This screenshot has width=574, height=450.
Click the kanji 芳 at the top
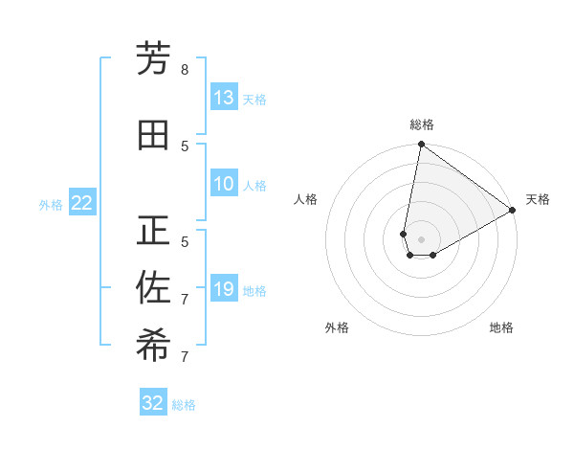153,59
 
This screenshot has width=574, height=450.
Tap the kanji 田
153,135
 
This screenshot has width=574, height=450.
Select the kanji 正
153,231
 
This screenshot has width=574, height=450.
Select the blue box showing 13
223,98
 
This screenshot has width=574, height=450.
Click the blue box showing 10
223,184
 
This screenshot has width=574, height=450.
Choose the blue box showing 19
223,289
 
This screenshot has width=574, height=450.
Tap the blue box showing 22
82,203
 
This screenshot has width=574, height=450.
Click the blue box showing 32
153,403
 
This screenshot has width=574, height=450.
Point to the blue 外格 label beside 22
51,204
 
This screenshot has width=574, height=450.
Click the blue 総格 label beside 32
184,404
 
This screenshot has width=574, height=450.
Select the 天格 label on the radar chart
538,199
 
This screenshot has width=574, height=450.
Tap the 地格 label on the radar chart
501,327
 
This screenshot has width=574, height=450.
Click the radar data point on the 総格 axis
421,145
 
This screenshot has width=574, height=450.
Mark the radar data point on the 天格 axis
513,210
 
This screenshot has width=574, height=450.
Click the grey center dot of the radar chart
421,239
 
